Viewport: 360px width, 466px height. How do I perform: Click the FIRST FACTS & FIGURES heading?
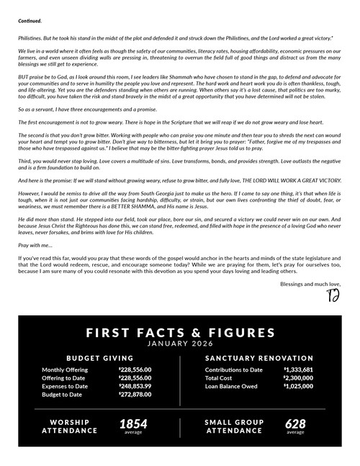tap(179, 332)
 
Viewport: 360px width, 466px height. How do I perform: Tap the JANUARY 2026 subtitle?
tap(179, 344)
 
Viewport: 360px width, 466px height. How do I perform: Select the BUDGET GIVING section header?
tap(99, 358)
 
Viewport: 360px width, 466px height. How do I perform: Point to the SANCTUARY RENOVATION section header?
tap(258, 358)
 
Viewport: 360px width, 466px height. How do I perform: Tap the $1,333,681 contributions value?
tap(298, 369)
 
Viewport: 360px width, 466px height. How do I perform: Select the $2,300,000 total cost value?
tap(298, 377)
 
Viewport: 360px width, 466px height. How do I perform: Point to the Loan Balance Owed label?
tap(232, 386)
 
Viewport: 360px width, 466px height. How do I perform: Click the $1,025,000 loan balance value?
tap(298, 386)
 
